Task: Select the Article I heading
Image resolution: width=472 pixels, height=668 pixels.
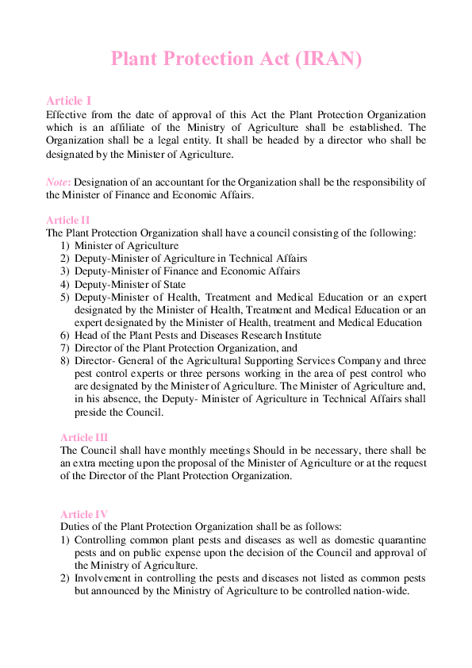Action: point(69,101)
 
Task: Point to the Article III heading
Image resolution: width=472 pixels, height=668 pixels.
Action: point(84,437)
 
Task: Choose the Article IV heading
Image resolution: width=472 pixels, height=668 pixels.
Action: point(84,514)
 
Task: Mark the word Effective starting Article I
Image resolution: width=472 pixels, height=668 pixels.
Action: point(67,115)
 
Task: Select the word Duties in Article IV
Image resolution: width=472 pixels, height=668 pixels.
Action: point(75,527)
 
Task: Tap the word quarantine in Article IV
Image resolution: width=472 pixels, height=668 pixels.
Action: point(397,540)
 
